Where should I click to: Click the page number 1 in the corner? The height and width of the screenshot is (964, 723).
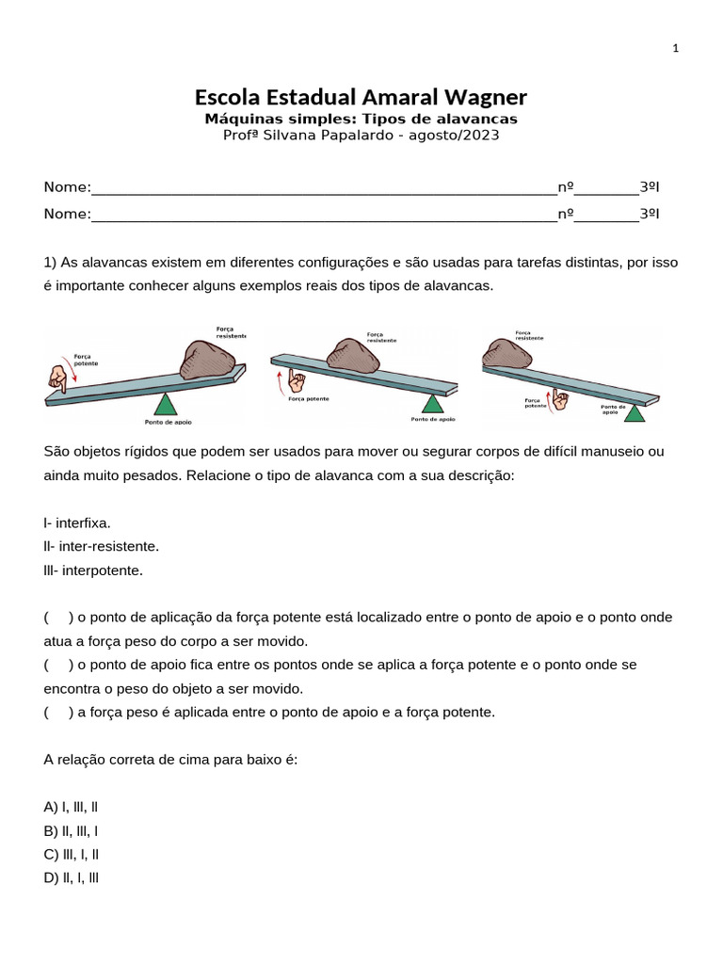pos(676,49)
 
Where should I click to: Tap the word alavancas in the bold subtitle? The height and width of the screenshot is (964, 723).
pos(471,119)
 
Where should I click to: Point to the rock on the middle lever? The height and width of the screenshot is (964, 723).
pos(352,357)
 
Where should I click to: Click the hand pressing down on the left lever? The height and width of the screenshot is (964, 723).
pos(58,378)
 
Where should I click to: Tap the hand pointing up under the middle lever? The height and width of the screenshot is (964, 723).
pos(297,380)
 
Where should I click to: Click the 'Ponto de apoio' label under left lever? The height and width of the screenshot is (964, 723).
pos(169,423)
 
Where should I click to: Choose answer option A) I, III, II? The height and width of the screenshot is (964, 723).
pos(72,807)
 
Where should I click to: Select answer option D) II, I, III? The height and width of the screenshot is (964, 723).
pos(72,877)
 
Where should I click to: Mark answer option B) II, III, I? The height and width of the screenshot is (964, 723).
pos(72,830)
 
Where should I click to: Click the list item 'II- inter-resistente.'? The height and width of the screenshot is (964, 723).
pos(102,546)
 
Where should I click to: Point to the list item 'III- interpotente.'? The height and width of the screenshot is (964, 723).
pos(93,570)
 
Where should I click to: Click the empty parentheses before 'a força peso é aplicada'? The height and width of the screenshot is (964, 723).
pos(58,712)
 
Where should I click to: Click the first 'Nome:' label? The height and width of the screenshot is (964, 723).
pos(67,187)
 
